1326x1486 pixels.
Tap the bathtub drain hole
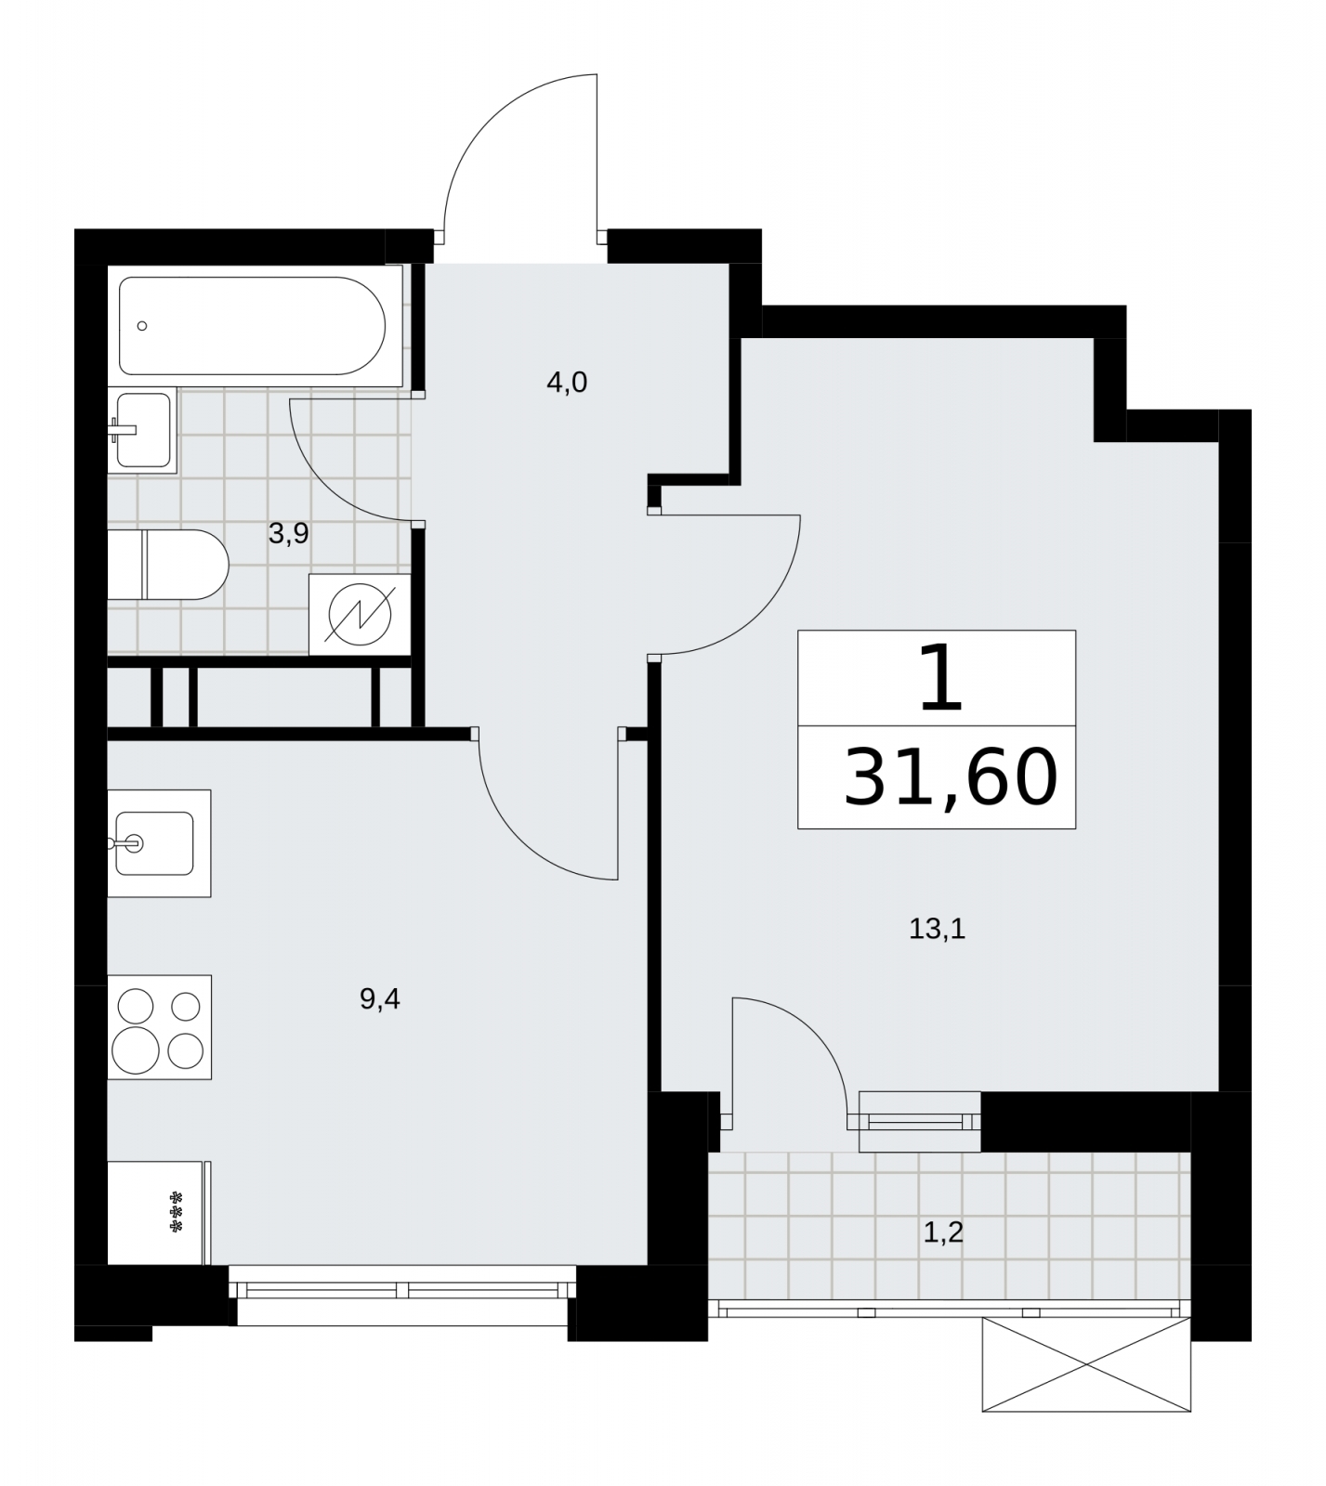(142, 326)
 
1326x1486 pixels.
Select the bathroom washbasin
(142, 430)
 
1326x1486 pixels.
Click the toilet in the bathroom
(168, 565)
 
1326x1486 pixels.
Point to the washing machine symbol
(361, 614)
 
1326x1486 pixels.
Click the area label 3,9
(288, 533)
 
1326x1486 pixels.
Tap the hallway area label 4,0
(567, 382)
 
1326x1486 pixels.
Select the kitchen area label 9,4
(379, 999)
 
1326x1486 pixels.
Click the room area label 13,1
(938, 929)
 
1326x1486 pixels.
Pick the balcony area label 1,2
(943, 1232)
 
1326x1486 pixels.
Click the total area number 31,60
(950, 776)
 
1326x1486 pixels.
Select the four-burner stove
(160, 1027)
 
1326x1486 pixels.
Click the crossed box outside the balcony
(1086, 1364)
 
